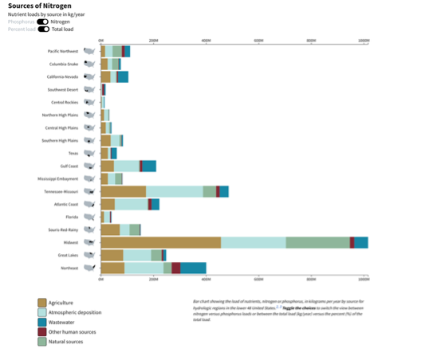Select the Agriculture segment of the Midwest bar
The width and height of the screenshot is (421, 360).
coord(160,242)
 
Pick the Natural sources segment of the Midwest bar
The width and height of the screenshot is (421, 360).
coord(317,242)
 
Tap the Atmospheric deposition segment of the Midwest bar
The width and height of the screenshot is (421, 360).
coord(253,242)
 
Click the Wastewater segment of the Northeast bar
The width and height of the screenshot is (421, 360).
coord(193,268)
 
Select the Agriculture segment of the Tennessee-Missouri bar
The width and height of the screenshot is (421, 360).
coord(123,191)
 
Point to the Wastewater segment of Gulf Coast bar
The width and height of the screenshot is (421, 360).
coord(149,166)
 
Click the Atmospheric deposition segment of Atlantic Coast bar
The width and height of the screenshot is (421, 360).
coord(131,204)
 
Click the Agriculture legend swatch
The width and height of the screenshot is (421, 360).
coord(42,303)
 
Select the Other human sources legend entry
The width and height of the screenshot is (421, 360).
coord(72,331)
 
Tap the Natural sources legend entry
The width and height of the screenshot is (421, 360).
coord(67,341)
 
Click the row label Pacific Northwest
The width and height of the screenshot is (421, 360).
coord(63,51)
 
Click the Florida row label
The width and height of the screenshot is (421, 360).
coord(72,217)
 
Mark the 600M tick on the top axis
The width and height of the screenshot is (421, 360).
coord(258,40)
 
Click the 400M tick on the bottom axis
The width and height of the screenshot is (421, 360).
coord(206,280)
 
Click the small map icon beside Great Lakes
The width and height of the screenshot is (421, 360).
coord(89,255)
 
